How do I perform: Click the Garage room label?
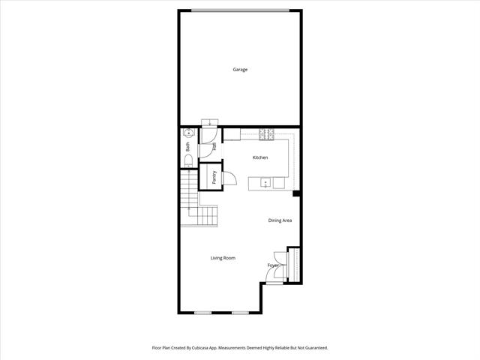coord(240,70)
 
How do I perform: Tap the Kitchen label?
coord(260,157)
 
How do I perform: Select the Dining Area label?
coord(280,220)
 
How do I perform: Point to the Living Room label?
coord(223,258)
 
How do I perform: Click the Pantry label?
coord(214,177)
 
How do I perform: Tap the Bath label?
coord(187,147)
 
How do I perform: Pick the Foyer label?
coord(273,265)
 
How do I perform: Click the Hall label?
coord(214,146)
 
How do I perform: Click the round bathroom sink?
coord(188,133)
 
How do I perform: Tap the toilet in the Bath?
coord(188,161)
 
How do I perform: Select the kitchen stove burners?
coord(267,134)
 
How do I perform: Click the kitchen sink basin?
coord(265,183)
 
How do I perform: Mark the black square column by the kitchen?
coord(296,193)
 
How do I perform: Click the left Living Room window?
coord(203,313)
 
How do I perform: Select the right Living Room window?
coord(240,313)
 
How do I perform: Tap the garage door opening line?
coord(240,10)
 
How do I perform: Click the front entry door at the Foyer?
coord(274,283)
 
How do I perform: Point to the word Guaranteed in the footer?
coord(318,348)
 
